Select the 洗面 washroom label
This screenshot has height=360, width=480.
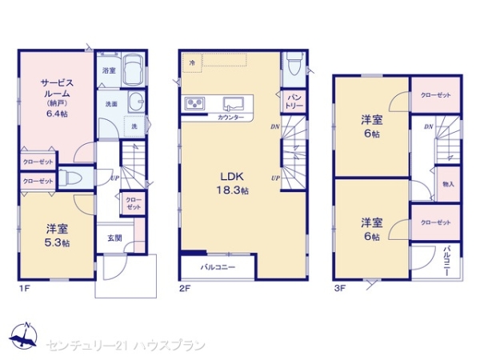(110, 104)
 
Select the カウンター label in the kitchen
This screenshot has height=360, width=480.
(231, 118)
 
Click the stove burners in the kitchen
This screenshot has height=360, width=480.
(195, 103)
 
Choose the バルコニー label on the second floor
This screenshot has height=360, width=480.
(217, 267)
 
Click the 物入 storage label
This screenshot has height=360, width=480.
(448, 185)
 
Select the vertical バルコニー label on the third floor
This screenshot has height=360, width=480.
(446, 259)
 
